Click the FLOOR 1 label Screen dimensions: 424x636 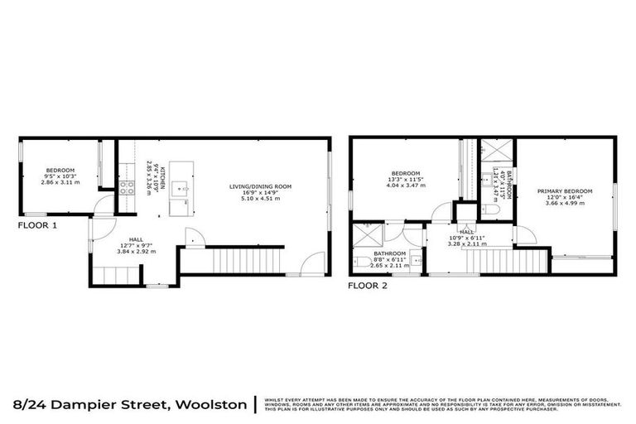click(x=38, y=224)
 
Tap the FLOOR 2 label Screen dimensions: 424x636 click(x=367, y=285)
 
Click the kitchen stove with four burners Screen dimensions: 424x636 click(x=128, y=186)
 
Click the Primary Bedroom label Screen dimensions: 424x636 click(x=565, y=191)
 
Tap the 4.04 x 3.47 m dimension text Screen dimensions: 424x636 click(x=405, y=186)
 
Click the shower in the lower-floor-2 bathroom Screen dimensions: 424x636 click(x=362, y=233)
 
